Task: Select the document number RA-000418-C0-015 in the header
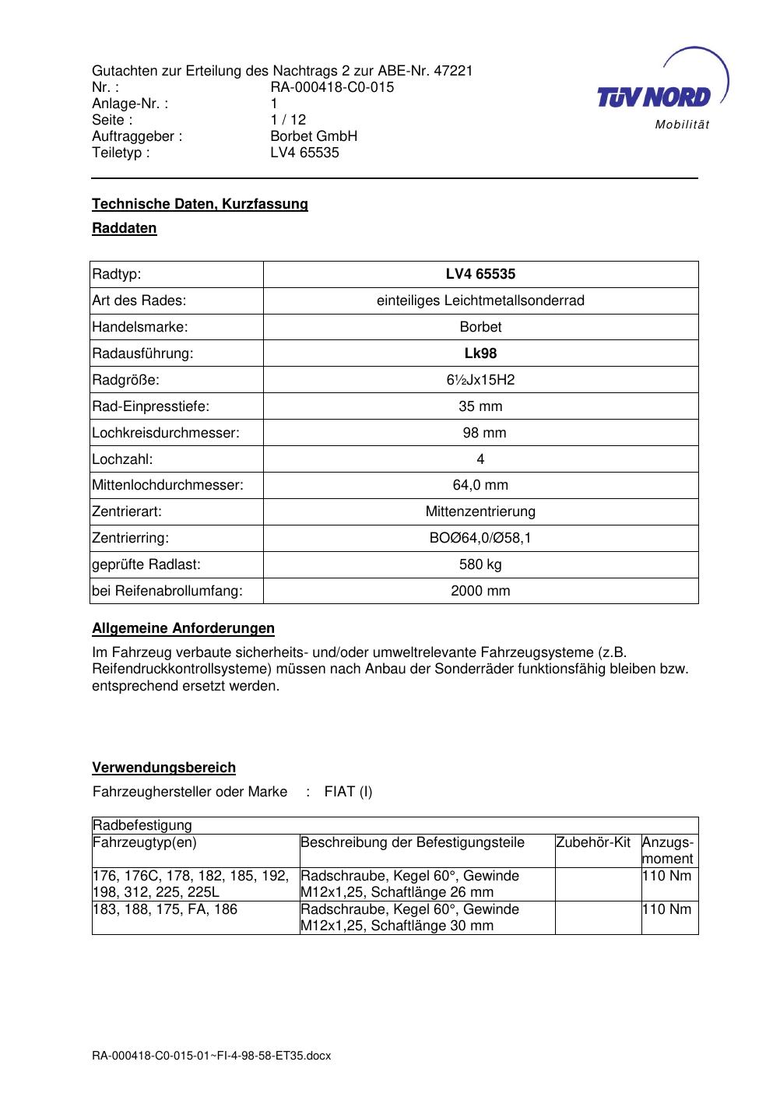[332, 87]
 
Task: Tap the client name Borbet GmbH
[314, 136]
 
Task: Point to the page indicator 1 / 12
[288, 120]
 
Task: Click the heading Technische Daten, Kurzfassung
[200, 204]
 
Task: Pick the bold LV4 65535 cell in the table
[480, 274]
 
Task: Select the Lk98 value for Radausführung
[480, 353]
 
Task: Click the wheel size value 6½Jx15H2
[480, 380]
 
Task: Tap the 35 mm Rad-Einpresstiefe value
[480, 406]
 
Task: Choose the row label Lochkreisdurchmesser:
[166, 433]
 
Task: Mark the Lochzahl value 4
[480, 459]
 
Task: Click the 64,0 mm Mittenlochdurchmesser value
[480, 485]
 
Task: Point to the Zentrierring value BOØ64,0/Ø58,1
[480, 538]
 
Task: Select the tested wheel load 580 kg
[480, 564]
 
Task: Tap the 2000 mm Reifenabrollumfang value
[480, 591]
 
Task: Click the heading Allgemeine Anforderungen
[183, 628]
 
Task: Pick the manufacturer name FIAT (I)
[348, 793]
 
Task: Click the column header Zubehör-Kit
[593, 842]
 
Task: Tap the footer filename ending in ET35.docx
[211, 1056]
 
